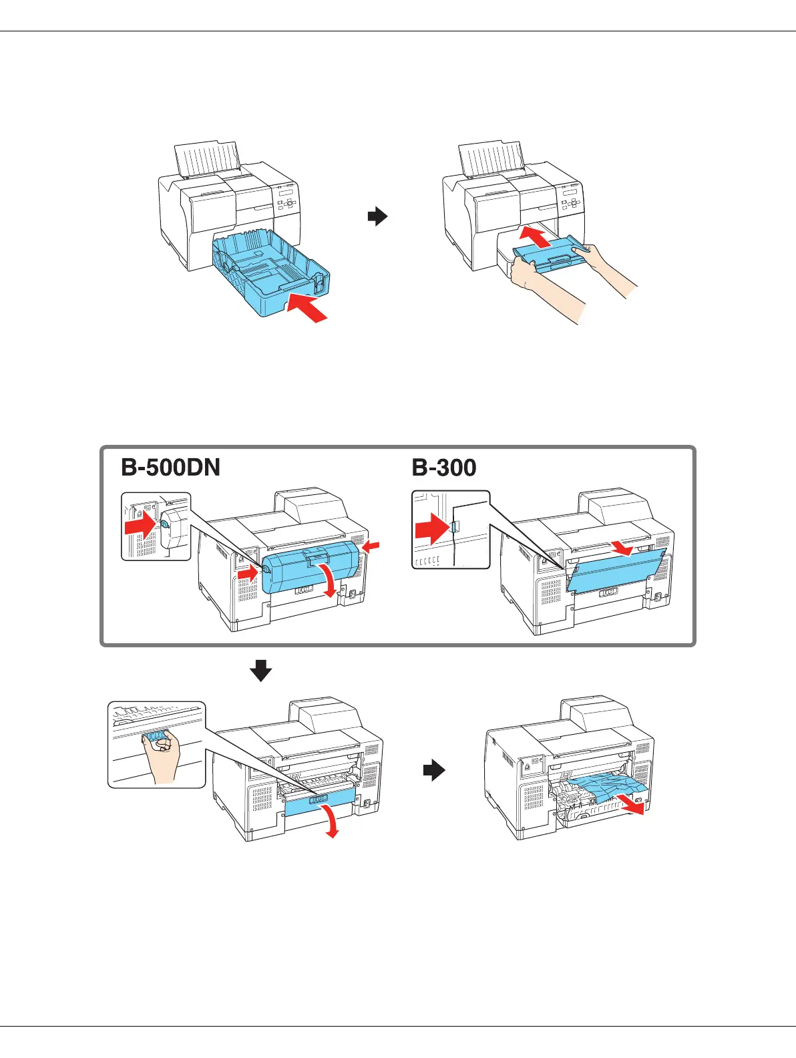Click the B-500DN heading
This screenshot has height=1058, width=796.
pyautogui.click(x=170, y=468)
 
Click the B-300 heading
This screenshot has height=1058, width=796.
pyautogui.click(x=444, y=468)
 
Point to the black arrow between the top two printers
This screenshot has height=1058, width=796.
pyautogui.click(x=378, y=216)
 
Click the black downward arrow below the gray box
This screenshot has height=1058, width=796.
pyautogui.click(x=261, y=670)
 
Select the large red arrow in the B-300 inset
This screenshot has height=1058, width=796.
pyautogui.click(x=431, y=529)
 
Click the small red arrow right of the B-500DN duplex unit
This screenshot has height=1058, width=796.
pyautogui.click(x=371, y=547)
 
